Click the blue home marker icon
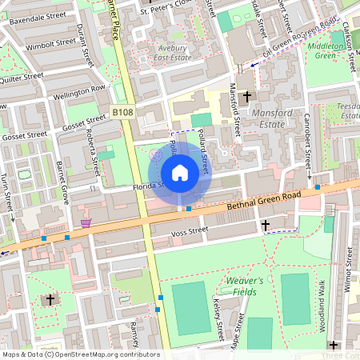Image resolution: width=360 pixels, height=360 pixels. pyautogui.click(x=180, y=173)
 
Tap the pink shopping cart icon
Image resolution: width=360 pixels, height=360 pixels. pyautogui.click(x=85, y=222)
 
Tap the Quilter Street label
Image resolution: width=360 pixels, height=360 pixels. pyautogui.click(x=21, y=78)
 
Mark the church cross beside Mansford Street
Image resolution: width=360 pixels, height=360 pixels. pyautogui.click(x=246, y=96)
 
